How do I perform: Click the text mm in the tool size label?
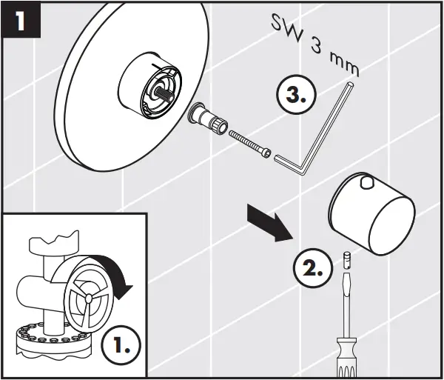pos(344,66)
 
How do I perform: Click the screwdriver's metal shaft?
pos(345,304)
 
